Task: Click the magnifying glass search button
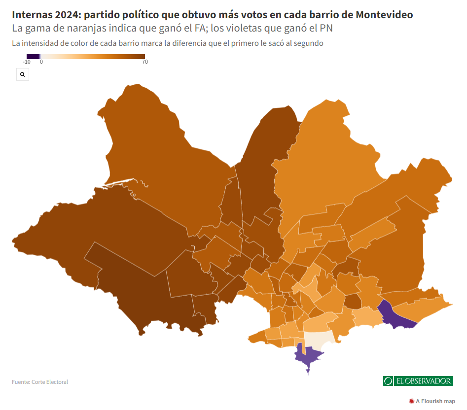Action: [23, 74]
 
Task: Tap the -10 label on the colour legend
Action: [27, 62]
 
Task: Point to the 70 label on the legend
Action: [145, 62]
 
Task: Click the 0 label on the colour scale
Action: [41, 62]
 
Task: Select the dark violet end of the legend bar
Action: [33, 57]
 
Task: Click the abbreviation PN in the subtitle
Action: [326, 28]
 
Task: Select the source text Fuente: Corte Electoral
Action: [40, 382]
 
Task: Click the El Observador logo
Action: [418, 381]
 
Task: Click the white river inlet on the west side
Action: [119, 183]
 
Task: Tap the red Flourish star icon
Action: [412, 401]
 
